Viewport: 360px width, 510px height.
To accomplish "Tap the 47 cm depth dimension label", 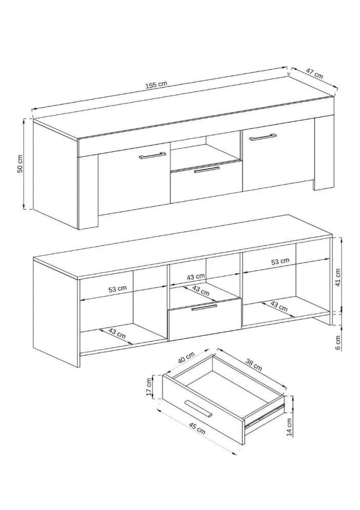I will point(314,73).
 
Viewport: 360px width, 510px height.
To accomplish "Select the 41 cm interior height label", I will point(338,277).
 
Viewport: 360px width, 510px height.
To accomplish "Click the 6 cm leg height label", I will point(338,342).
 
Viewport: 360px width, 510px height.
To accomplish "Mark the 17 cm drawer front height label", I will point(149,387).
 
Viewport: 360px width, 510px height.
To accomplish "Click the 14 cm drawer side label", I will point(289,426).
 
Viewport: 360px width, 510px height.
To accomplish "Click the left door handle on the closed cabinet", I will point(152,155).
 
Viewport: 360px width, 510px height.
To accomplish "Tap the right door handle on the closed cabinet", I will point(263,136).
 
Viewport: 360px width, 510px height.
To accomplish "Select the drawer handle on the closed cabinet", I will point(207,170).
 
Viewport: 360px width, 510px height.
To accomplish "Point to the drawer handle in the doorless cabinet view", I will point(204,307).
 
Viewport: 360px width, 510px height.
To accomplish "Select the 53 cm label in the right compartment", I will point(281,261).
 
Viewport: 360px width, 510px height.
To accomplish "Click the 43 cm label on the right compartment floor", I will point(279,308).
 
